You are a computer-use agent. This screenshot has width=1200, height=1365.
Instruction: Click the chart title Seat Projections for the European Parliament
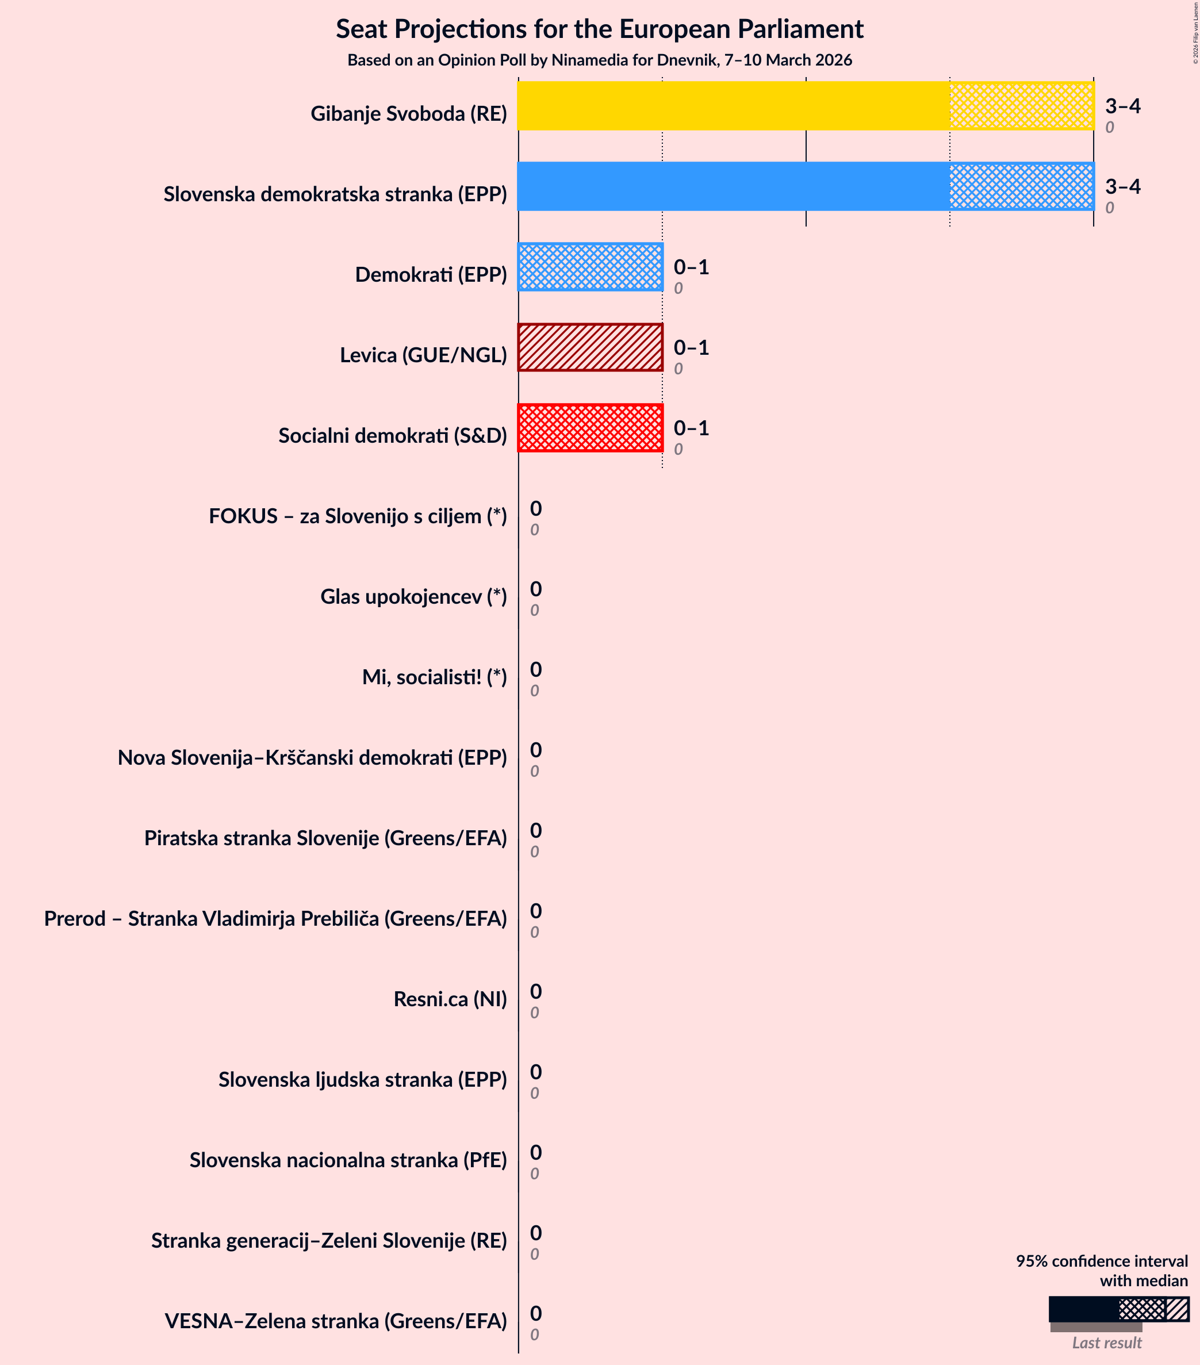tap(599, 29)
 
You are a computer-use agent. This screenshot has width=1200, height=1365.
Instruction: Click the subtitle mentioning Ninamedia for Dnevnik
tap(599, 60)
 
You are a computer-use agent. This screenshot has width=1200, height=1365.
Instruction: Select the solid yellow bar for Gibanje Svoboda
tap(733, 106)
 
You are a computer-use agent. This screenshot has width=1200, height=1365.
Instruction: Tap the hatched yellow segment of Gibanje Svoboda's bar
tap(1021, 106)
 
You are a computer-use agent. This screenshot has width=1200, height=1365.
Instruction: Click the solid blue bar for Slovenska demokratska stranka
tap(733, 186)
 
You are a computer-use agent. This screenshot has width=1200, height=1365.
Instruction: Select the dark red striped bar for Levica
tap(591, 347)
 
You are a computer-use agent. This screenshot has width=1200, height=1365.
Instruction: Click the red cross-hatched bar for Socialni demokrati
tap(591, 428)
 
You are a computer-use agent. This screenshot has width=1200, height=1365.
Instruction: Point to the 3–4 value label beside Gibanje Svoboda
tap(1122, 106)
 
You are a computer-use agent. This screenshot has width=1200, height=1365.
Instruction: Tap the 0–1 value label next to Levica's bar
tap(691, 347)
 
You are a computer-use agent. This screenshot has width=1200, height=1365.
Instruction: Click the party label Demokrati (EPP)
tap(431, 274)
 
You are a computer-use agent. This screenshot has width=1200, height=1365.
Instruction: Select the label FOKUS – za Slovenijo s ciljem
tap(358, 516)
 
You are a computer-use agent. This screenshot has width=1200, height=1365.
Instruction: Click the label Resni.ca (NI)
tap(450, 999)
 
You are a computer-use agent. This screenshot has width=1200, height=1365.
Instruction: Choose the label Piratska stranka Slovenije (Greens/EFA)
tap(325, 838)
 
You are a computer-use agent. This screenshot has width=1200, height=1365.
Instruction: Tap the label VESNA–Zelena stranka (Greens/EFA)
tap(336, 1321)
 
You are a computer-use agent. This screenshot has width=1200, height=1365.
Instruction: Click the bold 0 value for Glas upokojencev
tap(535, 589)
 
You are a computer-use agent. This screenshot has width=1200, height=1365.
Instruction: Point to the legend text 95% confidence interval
tap(1101, 1261)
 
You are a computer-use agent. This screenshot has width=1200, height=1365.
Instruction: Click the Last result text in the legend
tap(1106, 1343)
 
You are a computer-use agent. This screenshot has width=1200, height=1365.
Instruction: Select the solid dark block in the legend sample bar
tap(1083, 1309)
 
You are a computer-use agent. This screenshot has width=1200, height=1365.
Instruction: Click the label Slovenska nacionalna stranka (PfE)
tap(348, 1160)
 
